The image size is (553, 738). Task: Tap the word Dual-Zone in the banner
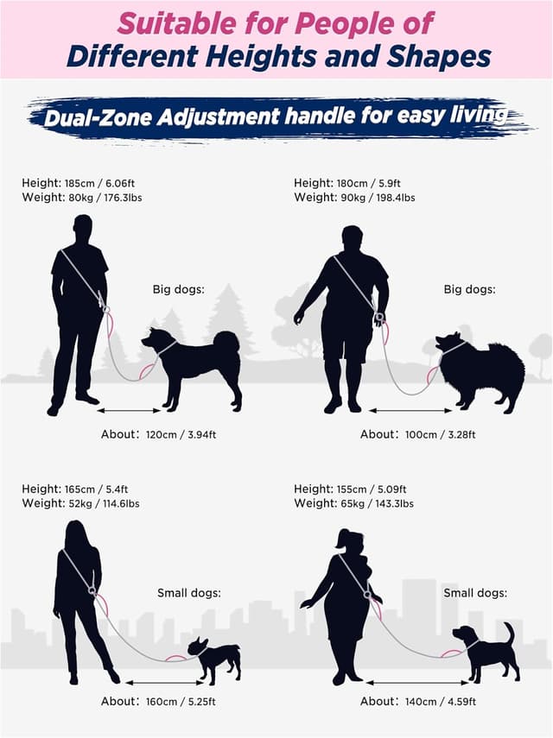98,117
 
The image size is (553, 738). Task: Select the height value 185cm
79,183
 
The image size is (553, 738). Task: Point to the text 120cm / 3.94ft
181,434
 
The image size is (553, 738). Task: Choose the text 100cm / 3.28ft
440,434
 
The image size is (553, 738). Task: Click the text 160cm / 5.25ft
181,701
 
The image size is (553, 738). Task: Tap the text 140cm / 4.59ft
441,701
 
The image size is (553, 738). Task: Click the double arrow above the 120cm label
129,411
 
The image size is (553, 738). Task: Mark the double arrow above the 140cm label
417,683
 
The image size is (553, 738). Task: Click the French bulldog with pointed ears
214,659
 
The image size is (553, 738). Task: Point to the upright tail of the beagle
509,633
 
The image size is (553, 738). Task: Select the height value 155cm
352,489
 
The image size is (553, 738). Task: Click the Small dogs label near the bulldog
189,593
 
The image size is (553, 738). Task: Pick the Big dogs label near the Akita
179,289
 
